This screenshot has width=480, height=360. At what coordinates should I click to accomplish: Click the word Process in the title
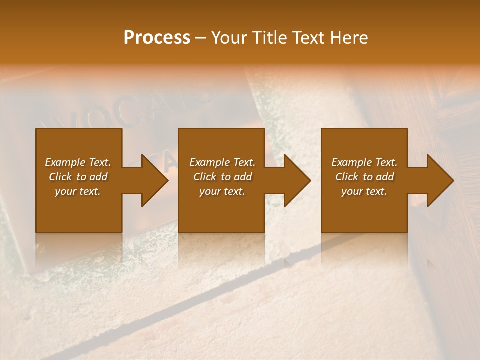(x=157, y=38)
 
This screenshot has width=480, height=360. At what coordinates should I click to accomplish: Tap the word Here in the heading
(x=349, y=38)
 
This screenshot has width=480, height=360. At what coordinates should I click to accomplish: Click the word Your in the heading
(x=229, y=38)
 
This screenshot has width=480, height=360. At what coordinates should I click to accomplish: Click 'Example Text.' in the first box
(x=78, y=162)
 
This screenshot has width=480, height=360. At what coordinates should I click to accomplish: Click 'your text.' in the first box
(x=78, y=191)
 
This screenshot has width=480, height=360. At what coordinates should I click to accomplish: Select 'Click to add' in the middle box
(x=222, y=177)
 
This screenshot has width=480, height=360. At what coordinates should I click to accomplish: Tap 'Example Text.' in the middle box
(x=222, y=162)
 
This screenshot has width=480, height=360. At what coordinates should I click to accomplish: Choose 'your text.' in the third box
(x=364, y=191)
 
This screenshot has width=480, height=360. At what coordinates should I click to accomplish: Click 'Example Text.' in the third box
(x=364, y=162)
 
